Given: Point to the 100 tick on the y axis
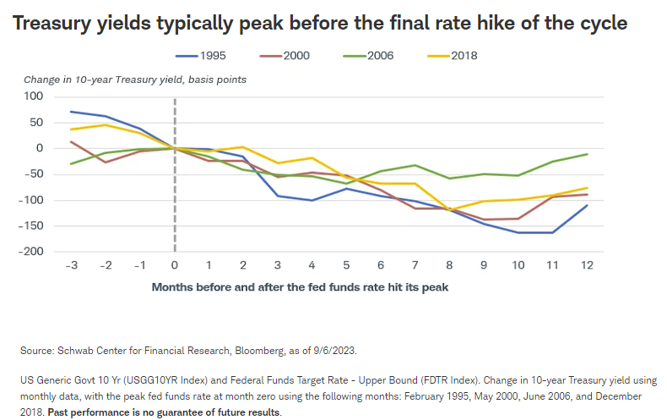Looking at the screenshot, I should [x=31, y=96].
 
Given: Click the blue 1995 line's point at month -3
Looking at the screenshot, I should [x=71, y=112].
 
